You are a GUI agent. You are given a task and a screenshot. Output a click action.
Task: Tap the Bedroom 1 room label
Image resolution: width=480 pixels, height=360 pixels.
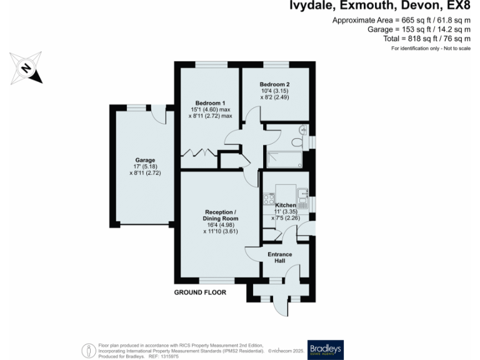tap(210, 103)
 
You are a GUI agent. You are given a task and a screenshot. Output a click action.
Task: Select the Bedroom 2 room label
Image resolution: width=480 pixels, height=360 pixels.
tap(274, 84)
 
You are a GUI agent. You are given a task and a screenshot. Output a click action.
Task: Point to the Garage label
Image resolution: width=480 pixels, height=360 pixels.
tap(145, 160)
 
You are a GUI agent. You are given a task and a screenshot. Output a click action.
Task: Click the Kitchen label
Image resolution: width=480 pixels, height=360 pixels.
tap(286, 206)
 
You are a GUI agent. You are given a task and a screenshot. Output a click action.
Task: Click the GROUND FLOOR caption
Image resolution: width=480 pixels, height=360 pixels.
tap(200, 292)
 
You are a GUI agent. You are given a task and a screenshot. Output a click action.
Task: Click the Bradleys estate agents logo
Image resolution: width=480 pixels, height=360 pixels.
tap(326, 349)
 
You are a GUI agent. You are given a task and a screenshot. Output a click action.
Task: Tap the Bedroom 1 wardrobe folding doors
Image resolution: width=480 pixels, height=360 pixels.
tap(199, 152)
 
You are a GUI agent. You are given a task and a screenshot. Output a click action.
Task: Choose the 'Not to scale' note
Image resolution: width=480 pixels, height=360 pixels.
tap(456, 48)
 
